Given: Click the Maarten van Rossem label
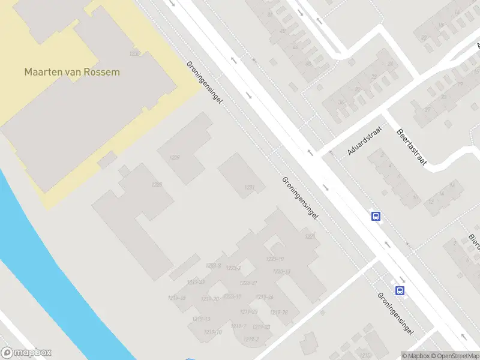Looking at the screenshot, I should pos(72,72).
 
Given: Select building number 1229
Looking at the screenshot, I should pos(175,158).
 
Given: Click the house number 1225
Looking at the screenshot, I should pos(157,185).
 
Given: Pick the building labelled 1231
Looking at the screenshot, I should pos(250,188).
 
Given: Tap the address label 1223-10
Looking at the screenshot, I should pos(274,259).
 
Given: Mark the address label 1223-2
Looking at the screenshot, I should pos(233,268).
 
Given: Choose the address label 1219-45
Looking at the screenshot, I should pos(178,298).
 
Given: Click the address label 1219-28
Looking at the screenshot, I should pos(279,313).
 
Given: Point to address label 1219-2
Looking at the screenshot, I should pos(251,340).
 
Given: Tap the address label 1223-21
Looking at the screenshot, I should pos(248,283).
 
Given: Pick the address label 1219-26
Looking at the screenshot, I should pos(265,297).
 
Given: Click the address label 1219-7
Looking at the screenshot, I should pos(238,326).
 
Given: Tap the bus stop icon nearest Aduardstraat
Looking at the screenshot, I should pos(376,217).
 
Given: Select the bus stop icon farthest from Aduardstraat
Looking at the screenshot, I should pos(400,291).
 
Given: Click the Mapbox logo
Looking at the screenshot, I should pos(26,353).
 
